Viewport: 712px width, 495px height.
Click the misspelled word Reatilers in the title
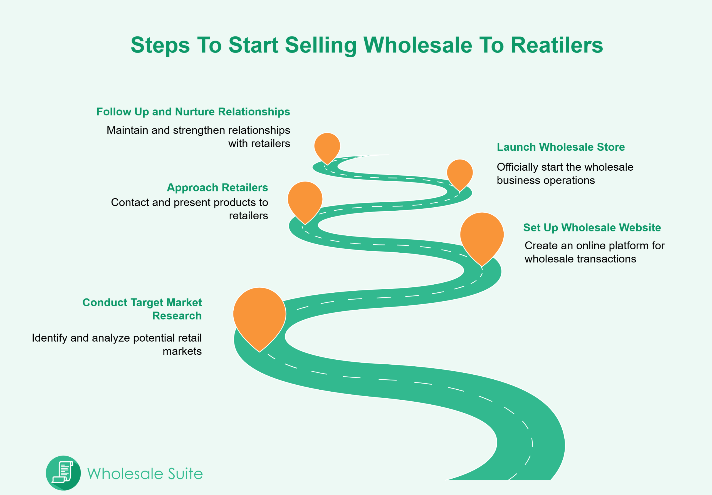[x=557, y=45]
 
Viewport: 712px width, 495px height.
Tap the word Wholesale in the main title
[x=418, y=45]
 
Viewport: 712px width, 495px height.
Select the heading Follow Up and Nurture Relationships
[x=193, y=111]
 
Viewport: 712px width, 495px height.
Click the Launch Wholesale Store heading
[x=561, y=147]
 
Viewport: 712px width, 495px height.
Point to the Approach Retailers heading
[x=217, y=188]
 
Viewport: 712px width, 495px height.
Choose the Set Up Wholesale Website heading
[x=592, y=228]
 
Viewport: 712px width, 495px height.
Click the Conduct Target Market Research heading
[x=142, y=309]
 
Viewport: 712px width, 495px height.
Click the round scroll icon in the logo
[x=63, y=473]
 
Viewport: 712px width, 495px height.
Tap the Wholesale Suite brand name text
[x=145, y=474]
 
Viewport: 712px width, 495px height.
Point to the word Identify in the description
[x=50, y=338]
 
